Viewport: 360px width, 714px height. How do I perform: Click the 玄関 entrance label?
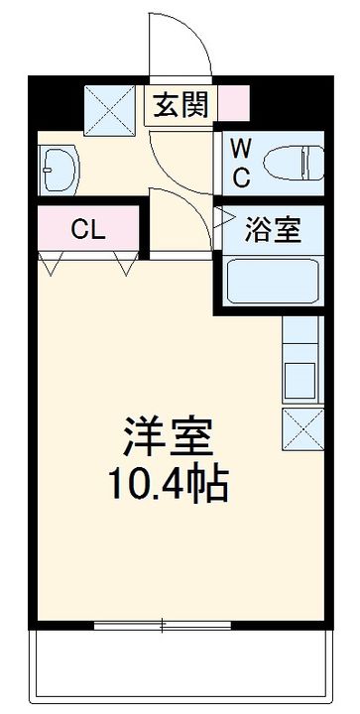pos(180,104)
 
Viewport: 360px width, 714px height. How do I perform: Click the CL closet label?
pos(87,230)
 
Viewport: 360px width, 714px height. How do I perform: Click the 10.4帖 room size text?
pos(169,486)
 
